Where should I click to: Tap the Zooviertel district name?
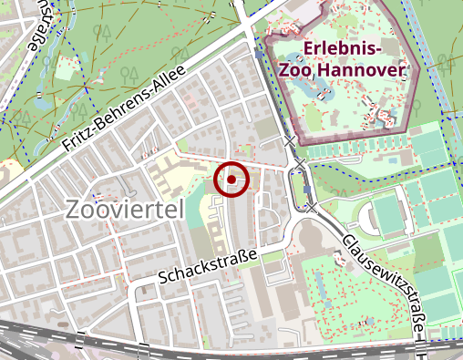[125, 210]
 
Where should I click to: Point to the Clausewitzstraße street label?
[386, 282]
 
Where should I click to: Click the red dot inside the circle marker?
[231, 180]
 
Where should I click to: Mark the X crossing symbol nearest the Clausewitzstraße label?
[312, 208]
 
